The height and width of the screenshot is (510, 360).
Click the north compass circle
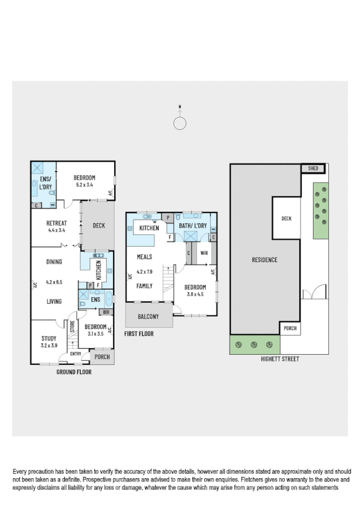pyautogui.click(x=180, y=123)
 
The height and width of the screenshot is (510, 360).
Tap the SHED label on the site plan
pyautogui.click(x=313, y=168)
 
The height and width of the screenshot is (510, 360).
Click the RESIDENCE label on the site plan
pyautogui.click(x=264, y=260)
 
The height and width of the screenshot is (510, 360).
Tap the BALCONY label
pyautogui.click(x=148, y=316)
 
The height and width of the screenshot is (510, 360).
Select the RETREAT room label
pyautogui.click(x=56, y=223)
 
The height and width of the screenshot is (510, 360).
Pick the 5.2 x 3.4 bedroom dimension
pyautogui.click(x=85, y=185)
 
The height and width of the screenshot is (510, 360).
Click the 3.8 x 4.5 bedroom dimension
pyautogui.click(x=195, y=295)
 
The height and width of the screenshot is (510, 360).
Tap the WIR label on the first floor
pyautogui.click(x=204, y=253)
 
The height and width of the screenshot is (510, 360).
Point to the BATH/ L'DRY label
pyautogui.click(x=192, y=226)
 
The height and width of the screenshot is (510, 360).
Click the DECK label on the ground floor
pyautogui.click(x=99, y=226)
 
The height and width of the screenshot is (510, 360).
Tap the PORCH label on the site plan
pyautogui.click(x=290, y=329)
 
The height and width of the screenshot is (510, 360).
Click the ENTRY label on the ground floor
pyautogui.click(x=75, y=354)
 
